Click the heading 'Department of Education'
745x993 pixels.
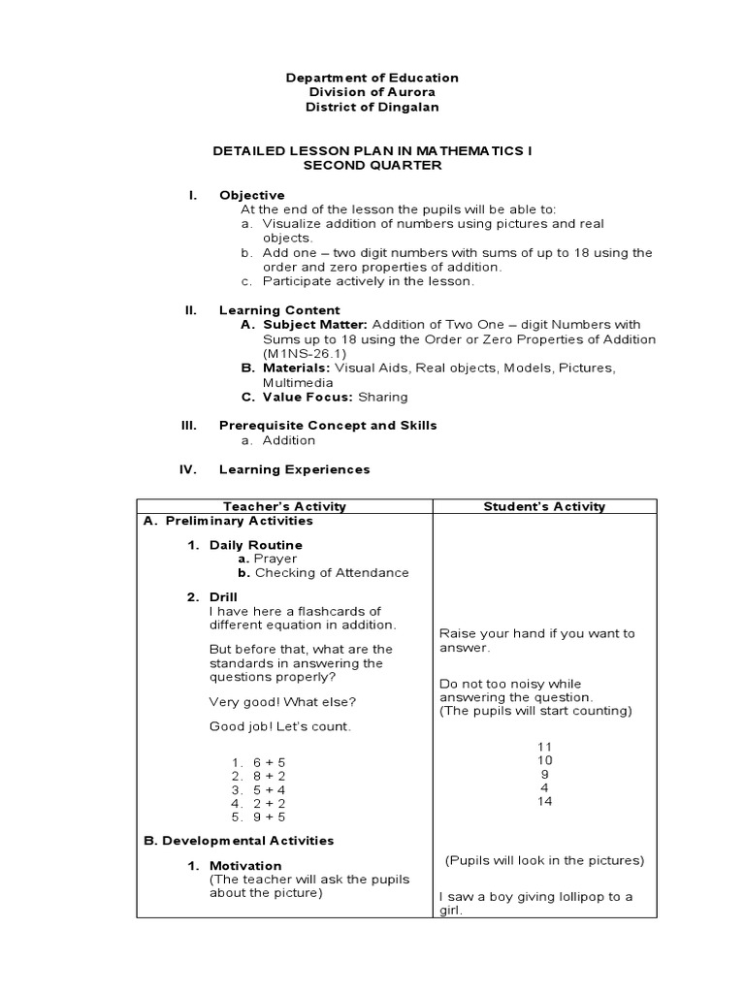coord(372,78)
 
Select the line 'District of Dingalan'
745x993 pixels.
coord(372,107)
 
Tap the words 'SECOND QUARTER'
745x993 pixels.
coord(372,166)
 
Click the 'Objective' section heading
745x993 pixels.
coord(251,195)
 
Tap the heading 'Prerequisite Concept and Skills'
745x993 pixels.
coord(328,425)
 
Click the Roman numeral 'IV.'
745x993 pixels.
coord(188,469)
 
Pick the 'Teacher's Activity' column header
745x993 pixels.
coord(284,506)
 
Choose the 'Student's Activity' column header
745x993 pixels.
coord(544,506)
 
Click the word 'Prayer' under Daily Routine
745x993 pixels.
coord(275,559)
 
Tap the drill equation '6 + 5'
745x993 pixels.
coord(269,762)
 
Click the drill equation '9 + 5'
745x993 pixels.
coord(269,817)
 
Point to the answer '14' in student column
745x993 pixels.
coord(544,802)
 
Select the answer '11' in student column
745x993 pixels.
coord(544,747)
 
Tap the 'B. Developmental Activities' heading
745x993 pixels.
coord(239,840)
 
